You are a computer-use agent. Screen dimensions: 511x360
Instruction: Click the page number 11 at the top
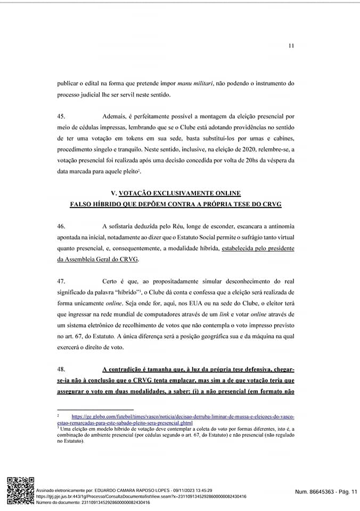(291, 46)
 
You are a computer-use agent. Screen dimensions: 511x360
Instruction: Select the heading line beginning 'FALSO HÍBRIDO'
(176, 204)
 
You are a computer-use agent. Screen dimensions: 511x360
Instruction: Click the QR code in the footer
(20, 490)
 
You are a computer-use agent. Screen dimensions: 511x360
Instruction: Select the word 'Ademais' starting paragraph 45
(114, 116)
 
